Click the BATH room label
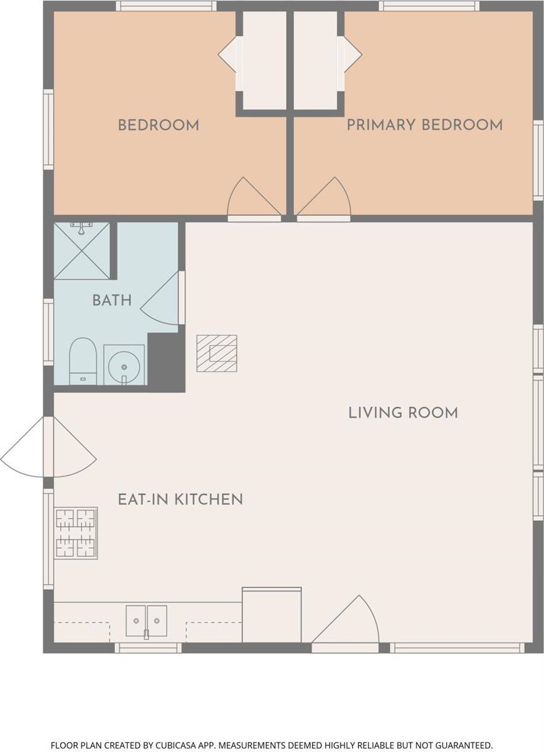point(112,300)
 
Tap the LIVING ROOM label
point(403,412)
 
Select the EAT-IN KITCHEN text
point(180,499)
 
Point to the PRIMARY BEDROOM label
point(424,125)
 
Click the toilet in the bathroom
point(83,361)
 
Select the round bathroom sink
point(124,365)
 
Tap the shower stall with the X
point(82,251)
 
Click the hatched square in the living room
point(217,353)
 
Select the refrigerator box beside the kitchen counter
point(271,616)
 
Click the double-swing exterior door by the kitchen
point(48,447)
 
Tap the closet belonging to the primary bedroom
point(316,60)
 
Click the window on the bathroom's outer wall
point(48,332)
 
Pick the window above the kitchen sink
point(148,648)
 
